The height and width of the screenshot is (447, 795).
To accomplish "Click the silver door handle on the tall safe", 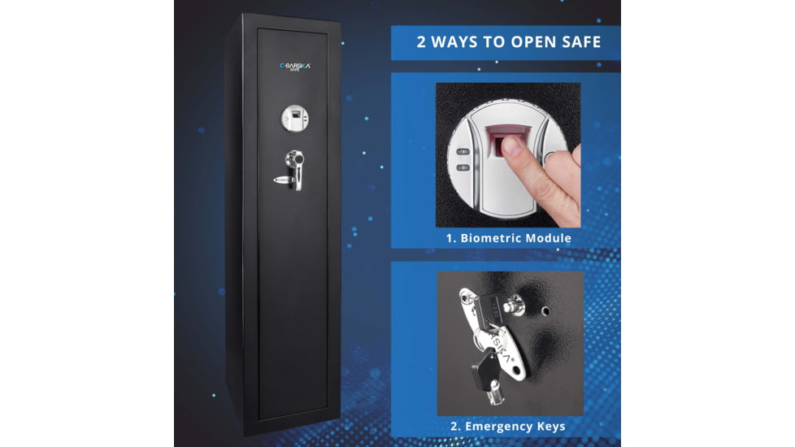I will coord(295,170).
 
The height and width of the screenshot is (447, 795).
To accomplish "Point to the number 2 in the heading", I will coord(421,41).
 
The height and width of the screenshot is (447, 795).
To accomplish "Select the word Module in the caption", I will coord(546,238).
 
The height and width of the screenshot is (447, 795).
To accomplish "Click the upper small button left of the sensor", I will coord(463,152).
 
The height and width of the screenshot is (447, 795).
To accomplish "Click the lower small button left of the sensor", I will coord(463,167).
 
